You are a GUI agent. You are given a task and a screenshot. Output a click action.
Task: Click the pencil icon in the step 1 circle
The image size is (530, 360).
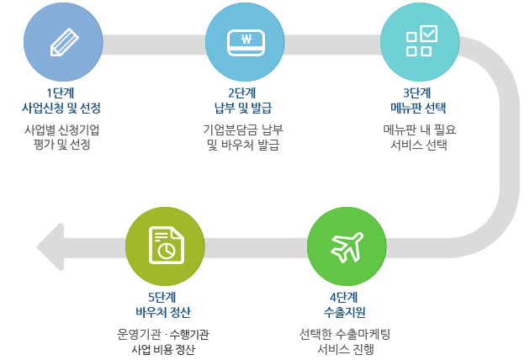(64, 42)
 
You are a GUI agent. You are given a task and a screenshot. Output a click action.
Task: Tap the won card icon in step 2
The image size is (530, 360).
(246, 42)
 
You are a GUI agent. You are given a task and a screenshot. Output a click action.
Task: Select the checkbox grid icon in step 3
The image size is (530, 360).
(421, 40)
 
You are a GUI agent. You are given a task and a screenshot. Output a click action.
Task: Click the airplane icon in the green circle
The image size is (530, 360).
(347, 247)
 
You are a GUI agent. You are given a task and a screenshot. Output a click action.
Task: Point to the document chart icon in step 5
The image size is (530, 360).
(167, 246)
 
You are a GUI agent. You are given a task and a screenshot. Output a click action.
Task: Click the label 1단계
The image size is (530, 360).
(61, 93)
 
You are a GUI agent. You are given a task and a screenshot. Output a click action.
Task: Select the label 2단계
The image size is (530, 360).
(242, 93)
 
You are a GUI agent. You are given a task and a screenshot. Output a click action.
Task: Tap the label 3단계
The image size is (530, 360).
(417, 93)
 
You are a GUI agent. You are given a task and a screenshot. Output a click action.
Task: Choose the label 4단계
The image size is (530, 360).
(344, 298)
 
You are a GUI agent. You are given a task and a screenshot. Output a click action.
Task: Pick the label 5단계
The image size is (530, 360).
(162, 298)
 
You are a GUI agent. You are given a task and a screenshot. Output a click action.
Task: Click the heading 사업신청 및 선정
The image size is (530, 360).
(61, 109)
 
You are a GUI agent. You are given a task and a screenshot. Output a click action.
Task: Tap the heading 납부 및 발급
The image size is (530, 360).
(243, 109)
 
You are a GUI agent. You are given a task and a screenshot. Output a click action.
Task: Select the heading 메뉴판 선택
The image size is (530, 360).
(418, 109)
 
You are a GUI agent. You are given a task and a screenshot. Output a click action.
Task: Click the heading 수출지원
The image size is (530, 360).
(344, 312)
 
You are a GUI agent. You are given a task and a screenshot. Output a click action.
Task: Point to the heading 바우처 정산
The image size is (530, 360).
(163, 312)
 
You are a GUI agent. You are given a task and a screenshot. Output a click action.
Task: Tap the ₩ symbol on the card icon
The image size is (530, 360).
(246, 39)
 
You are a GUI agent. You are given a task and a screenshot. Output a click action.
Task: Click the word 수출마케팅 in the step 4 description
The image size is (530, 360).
(363, 334)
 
